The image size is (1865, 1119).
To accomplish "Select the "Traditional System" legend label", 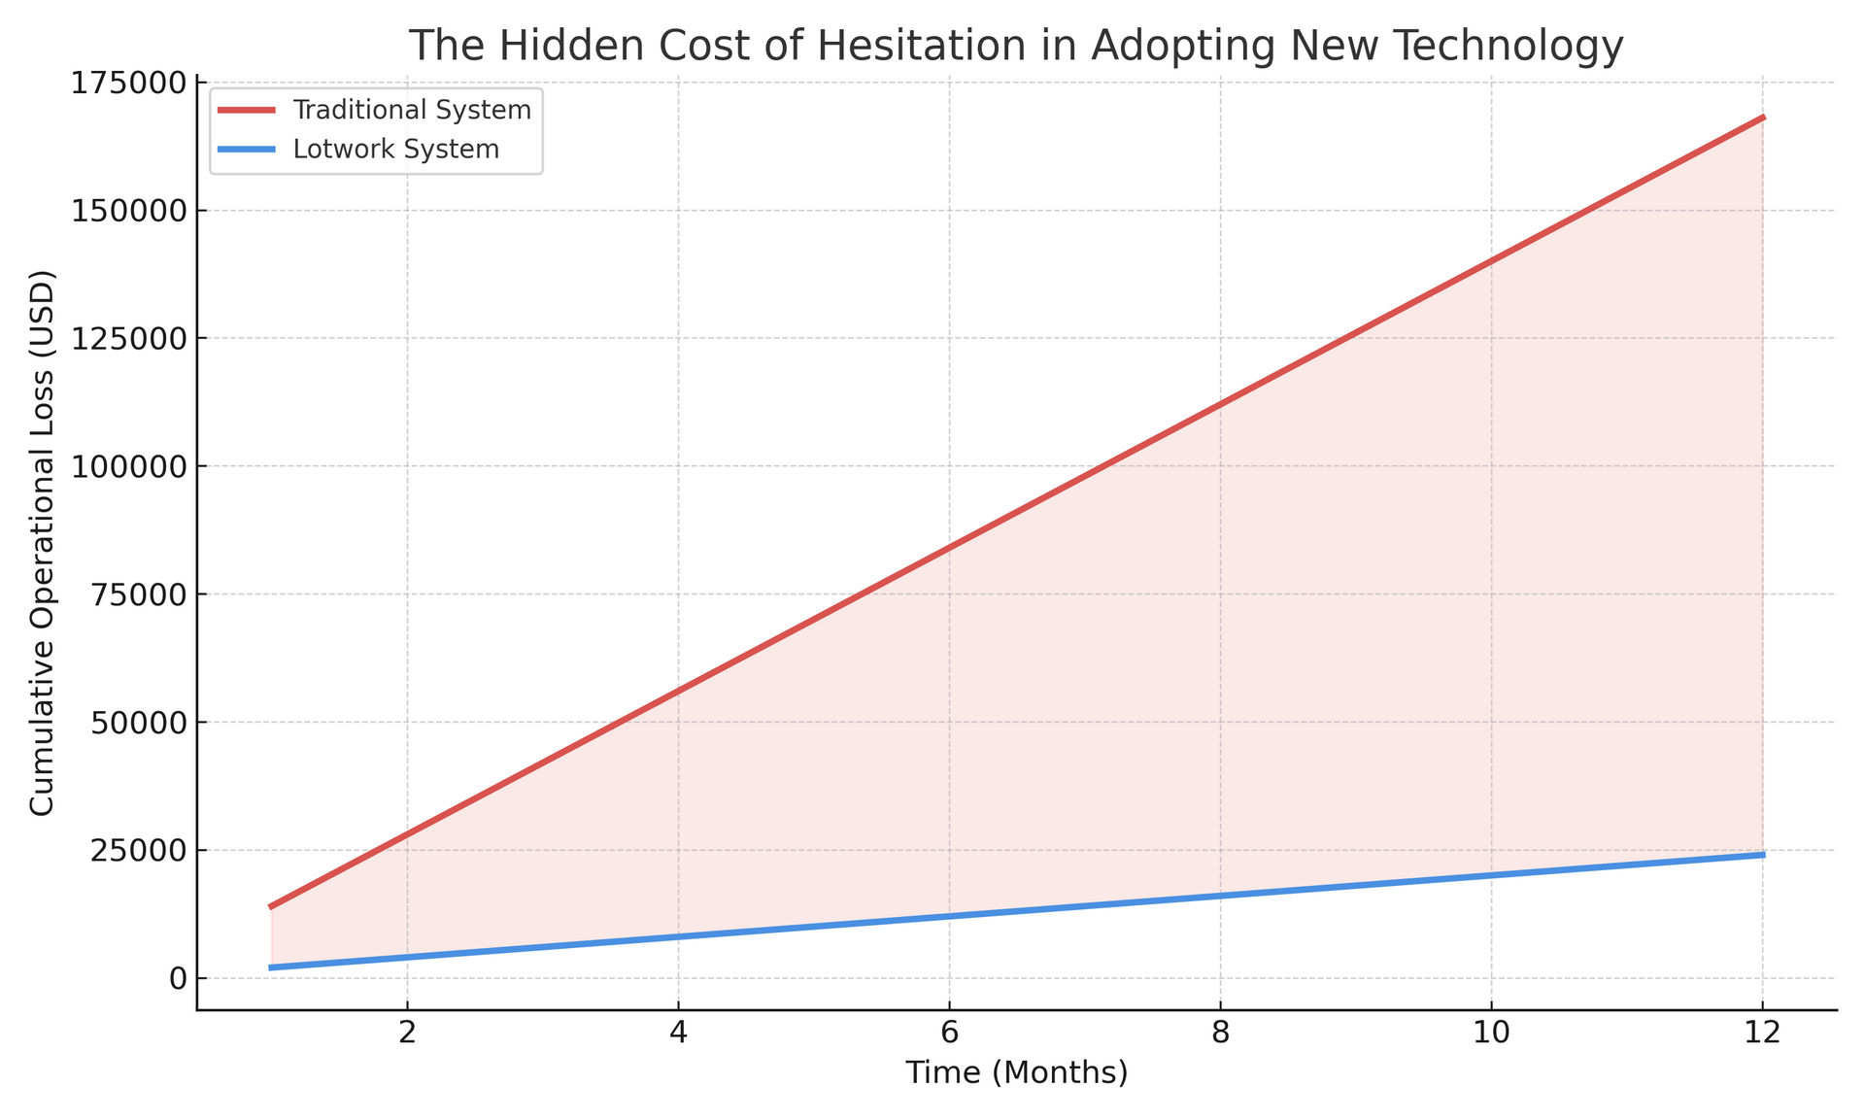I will [412, 110].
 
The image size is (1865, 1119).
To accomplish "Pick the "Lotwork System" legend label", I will [396, 150].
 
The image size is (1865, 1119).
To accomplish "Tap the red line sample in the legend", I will [248, 110].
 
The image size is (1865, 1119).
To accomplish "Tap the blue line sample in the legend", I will [248, 150].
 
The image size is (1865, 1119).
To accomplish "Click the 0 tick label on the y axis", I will [178, 978].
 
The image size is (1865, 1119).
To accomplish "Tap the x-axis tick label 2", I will [408, 1034].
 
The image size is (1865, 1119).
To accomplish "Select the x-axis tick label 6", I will [949, 1034].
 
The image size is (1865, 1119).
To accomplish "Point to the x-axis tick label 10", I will [1491, 1034].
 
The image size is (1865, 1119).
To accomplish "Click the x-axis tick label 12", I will [1762, 1034].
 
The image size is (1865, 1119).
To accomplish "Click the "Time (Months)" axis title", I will [1016, 1073].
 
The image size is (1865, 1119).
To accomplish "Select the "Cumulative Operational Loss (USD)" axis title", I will [42, 543].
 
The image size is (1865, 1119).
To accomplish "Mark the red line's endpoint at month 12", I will [1763, 118].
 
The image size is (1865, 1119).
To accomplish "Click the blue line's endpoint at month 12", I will [1763, 855].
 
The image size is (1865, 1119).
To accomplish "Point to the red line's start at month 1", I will [272, 906].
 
